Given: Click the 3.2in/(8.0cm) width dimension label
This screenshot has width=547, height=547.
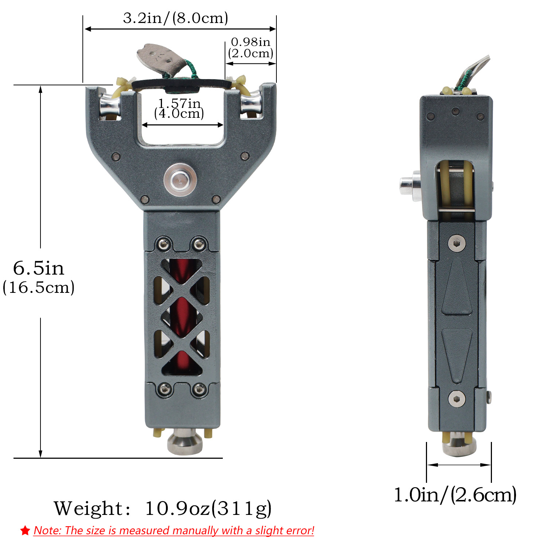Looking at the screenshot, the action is coord(175,18).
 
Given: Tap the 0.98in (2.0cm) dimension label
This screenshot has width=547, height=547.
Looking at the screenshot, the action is coord(251,48).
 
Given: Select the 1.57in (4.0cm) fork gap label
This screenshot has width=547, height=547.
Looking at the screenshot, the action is coord(179,108).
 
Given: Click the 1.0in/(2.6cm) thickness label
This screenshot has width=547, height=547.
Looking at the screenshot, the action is coord(455,495).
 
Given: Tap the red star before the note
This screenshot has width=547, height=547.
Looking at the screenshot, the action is coord(25,531).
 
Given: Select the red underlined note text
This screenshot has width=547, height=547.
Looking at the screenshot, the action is coord(174,531).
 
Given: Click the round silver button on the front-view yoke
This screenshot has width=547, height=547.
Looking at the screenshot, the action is coord(180,180).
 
